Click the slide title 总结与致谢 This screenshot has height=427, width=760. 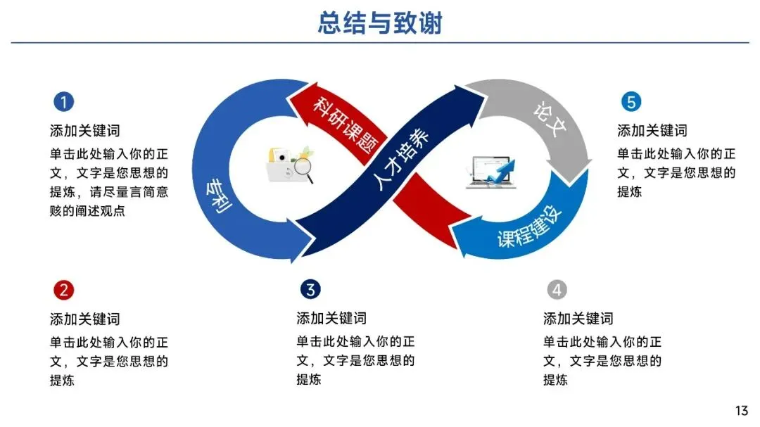(380, 23)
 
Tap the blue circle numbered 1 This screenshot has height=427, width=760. (63, 103)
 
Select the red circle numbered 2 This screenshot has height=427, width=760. (63, 290)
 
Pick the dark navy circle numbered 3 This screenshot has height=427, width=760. (310, 290)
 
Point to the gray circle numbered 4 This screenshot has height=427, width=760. (557, 290)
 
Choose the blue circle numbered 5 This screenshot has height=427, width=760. (631, 103)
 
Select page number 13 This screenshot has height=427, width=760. (741, 411)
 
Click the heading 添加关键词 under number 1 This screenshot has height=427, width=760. (84, 131)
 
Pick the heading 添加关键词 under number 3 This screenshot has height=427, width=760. (331, 319)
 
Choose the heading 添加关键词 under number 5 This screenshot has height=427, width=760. (652, 131)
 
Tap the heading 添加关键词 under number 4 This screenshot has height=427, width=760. (578, 319)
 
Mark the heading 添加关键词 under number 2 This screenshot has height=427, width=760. (84, 319)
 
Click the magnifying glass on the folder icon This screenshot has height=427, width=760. (303, 168)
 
